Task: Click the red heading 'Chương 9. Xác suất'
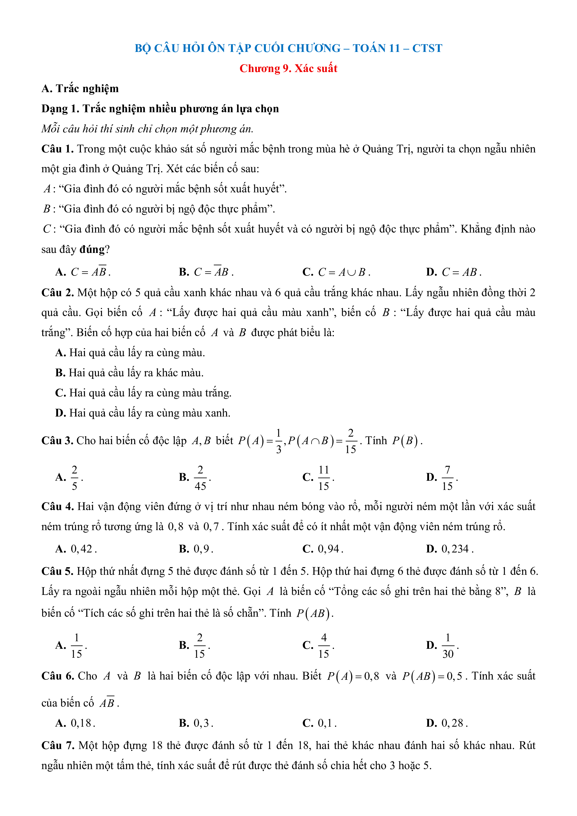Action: click(x=288, y=68)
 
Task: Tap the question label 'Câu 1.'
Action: click(x=57, y=149)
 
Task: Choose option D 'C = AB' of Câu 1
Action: click(x=461, y=272)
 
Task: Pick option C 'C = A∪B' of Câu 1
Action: click(x=343, y=272)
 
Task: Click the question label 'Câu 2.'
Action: click(x=58, y=293)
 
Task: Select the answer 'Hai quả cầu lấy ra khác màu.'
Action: click(x=136, y=373)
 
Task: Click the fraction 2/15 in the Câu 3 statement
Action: click(x=350, y=441)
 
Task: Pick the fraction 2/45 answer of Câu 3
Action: click(x=200, y=478)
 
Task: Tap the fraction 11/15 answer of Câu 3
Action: click(x=324, y=478)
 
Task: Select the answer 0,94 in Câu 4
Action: click(x=330, y=549)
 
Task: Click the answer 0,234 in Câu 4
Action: click(x=457, y=549)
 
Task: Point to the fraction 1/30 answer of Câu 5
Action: click(x=448, y=646)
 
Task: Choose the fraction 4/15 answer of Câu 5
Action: click(x=324, y=646)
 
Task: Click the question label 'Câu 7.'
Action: click(x=58, y=745)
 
